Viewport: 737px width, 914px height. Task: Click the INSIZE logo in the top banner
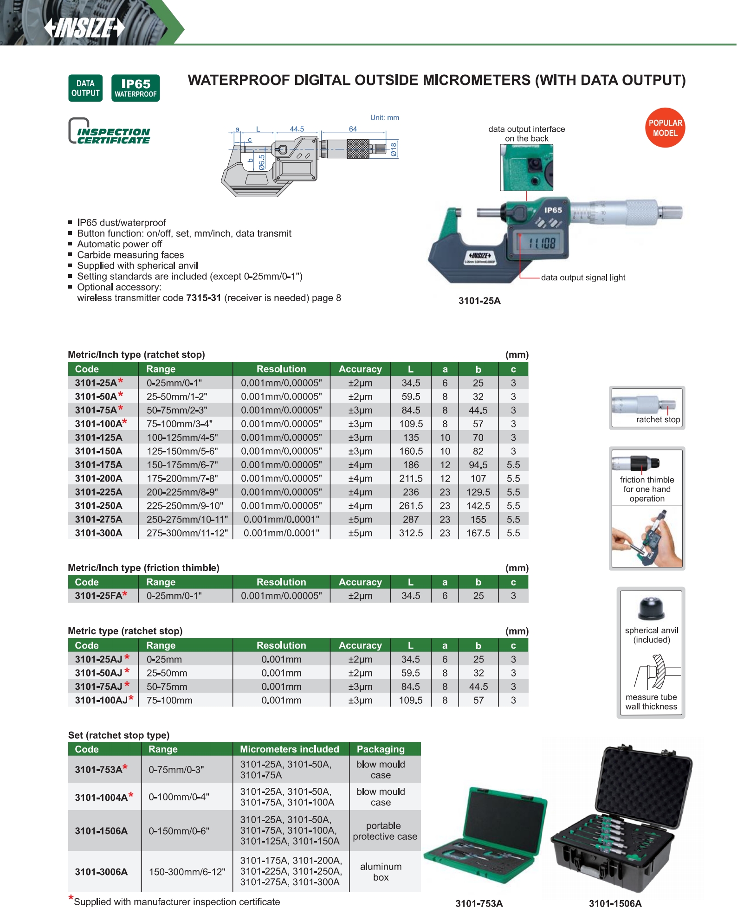85,28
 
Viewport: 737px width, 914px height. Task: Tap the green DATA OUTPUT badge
85,88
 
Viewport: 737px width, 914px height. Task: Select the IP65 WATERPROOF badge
136,88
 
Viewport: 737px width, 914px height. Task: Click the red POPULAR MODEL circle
665,128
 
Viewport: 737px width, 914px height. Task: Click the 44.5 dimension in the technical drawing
297,129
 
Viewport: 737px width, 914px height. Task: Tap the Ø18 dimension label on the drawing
394,149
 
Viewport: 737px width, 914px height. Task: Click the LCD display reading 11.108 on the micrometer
542,242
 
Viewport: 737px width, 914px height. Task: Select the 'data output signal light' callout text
583,277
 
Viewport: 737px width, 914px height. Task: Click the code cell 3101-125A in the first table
99,438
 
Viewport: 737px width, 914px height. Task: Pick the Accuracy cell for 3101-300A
360,533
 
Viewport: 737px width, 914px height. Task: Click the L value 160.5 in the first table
411,451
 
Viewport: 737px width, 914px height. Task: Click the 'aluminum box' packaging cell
381,872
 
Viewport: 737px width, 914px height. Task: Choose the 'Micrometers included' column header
289,749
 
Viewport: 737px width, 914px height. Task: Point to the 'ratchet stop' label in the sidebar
658,419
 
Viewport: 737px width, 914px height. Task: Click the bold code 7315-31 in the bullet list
203,298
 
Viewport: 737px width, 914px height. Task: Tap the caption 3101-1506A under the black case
615,903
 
